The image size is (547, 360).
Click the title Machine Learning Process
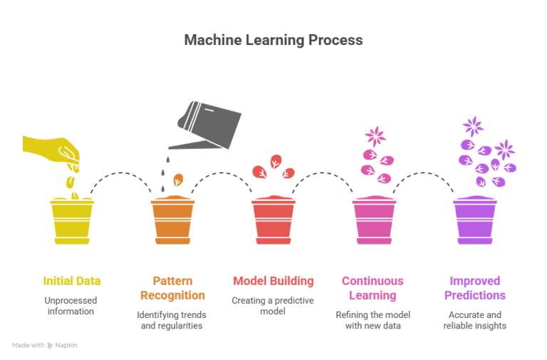pos(273,40)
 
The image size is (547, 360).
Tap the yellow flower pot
pos(72,222)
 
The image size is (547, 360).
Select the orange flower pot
pos(172,220)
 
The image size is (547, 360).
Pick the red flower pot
pos(273,220)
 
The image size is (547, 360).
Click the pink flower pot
pos(374,220)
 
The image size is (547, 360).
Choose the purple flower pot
pos(475,220)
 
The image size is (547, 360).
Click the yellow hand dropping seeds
pos(52,150)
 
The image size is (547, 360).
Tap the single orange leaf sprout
pos(178,180)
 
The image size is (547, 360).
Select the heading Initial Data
pos(72,281)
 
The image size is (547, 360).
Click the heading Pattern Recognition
pos(172,288)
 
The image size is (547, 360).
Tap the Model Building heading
pos(273,281)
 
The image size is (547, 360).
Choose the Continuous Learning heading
pos(373,288)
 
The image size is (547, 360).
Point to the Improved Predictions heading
pos(475,288)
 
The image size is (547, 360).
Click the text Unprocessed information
pos(71,306)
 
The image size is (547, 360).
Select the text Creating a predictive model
pos(273,306)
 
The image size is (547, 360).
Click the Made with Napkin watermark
pos(45,345)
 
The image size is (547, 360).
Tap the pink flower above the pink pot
pos(375,136)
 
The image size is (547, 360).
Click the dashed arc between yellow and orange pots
pos(120,173)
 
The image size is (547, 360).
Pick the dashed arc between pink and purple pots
pos(423,173)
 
